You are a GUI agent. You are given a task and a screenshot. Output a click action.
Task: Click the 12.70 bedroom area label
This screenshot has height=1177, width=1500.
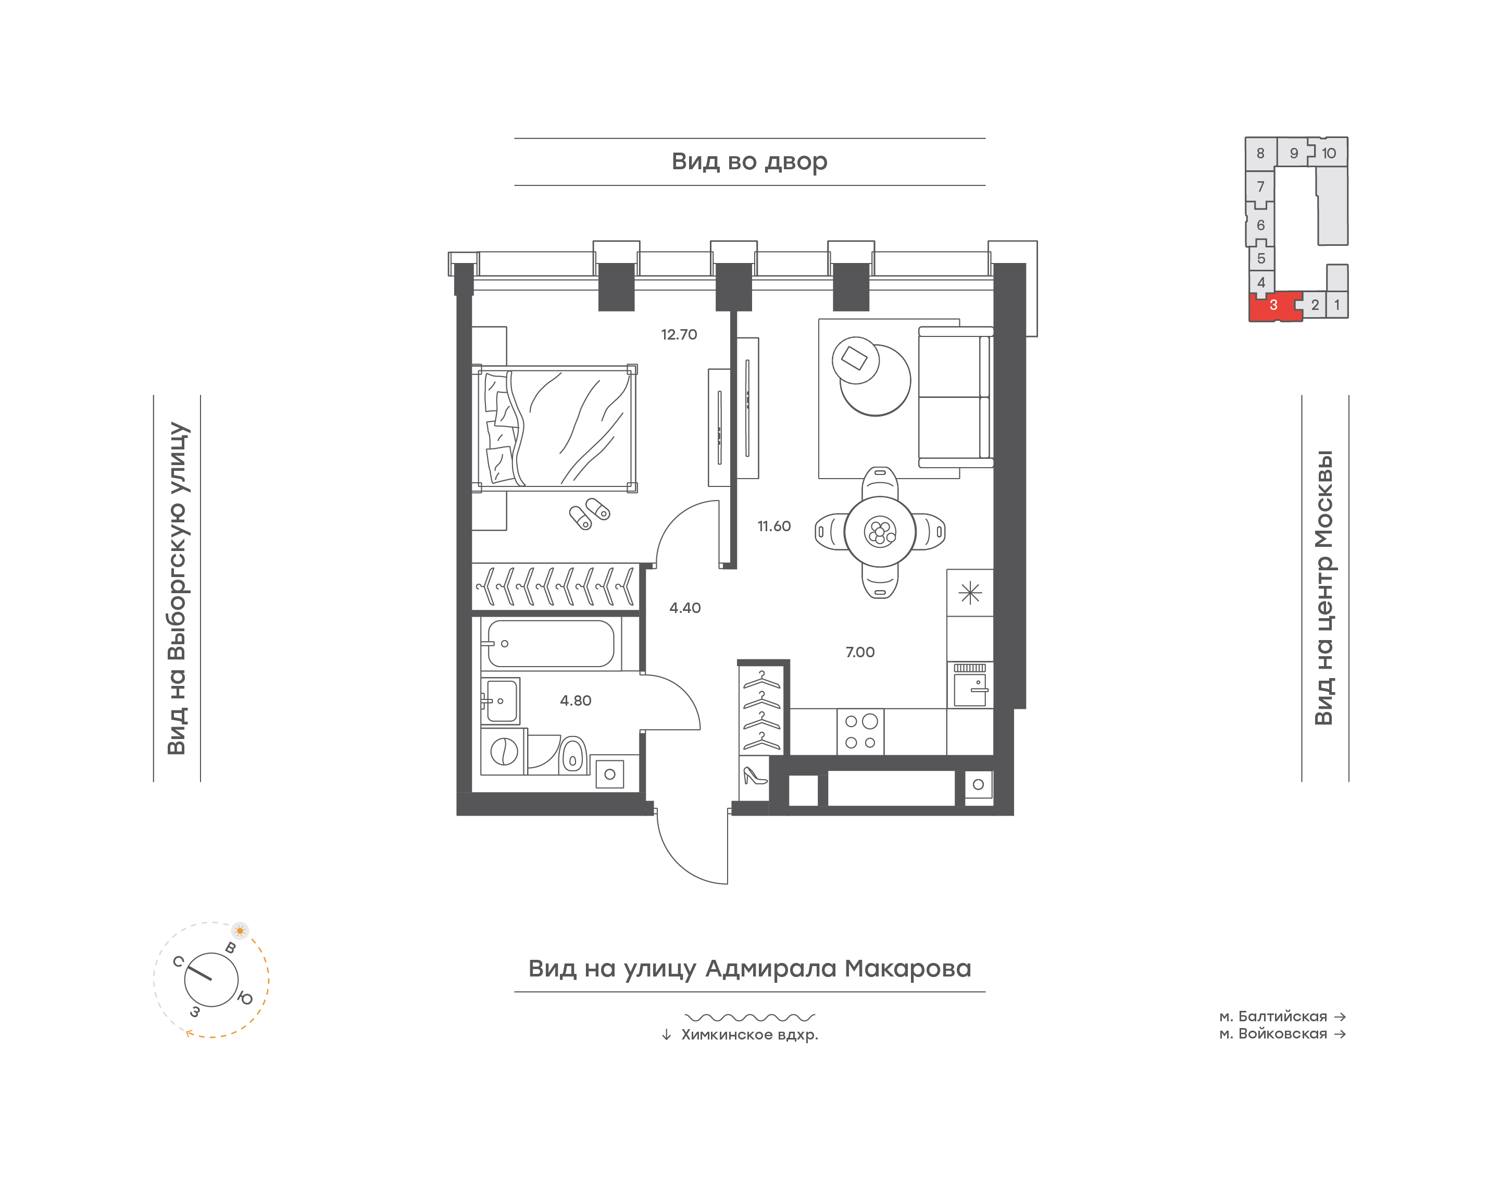click(679, 335)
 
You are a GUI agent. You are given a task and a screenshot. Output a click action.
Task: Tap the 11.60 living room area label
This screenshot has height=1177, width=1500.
click(774, 527)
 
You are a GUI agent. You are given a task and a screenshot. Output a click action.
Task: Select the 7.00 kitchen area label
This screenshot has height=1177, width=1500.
click(860, 652)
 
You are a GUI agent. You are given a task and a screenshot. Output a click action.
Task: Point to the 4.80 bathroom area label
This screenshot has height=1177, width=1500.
click(576, 701)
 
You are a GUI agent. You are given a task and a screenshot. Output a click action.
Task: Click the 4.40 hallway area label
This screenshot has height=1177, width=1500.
click(685, 608)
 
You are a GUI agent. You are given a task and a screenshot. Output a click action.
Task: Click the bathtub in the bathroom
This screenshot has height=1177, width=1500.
click(551, 644)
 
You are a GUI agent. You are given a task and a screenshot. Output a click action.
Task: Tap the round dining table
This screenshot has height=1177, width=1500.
click(880, 531)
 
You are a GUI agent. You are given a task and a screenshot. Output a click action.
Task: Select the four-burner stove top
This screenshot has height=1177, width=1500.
click(860, 732)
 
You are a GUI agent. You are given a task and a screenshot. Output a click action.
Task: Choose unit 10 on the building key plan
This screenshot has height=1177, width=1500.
click(1329, 153)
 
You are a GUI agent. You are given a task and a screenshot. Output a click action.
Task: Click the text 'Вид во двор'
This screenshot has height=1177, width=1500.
click(749, 162)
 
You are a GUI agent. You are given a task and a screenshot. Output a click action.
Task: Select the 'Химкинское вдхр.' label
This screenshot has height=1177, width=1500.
click(749, 1035)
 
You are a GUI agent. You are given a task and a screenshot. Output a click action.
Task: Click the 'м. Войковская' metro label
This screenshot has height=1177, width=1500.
click(1273, 1034)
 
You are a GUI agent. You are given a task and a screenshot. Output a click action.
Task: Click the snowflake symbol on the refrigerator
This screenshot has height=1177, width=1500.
click(970, 593)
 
